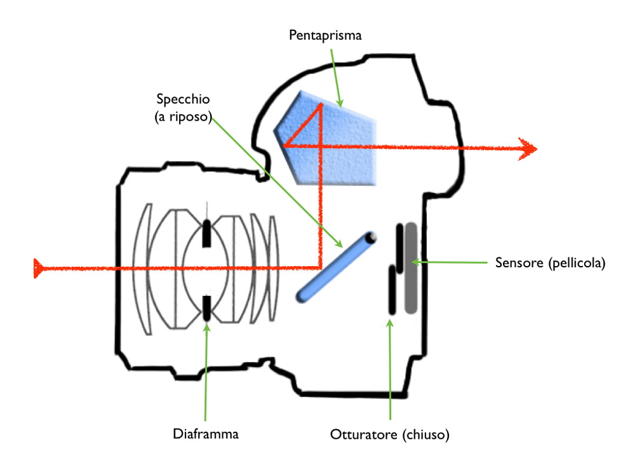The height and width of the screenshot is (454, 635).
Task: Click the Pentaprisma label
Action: tap(325, 35)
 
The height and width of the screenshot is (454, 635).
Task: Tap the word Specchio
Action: tap(183, 99)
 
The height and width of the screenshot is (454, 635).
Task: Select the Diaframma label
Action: tap(206, 434)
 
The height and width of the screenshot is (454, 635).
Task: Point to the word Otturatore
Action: tap(364, 434)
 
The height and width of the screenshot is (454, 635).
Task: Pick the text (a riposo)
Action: tap(183, 117)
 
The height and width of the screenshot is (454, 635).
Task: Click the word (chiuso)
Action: tap(426, 434)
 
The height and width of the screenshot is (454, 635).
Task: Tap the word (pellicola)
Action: tap(577, 263)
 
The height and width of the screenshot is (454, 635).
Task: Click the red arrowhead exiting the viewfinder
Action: tap(528, 149)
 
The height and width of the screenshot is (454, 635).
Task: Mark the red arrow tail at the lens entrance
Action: tap(39, 269)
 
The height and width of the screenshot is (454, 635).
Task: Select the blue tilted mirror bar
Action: tap(336, 267)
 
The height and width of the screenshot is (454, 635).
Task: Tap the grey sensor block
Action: tap(411, 268)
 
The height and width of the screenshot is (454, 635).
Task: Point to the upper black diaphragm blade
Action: tap(206, 233)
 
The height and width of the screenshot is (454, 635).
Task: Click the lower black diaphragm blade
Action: tap(206, 308)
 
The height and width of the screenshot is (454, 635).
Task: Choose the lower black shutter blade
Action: tap(392, 290)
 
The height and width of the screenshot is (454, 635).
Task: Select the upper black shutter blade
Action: tap(399, 248)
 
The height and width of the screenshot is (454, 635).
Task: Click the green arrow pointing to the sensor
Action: tap(450, 262)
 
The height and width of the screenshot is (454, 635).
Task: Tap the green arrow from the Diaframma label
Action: tap(206, 372)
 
